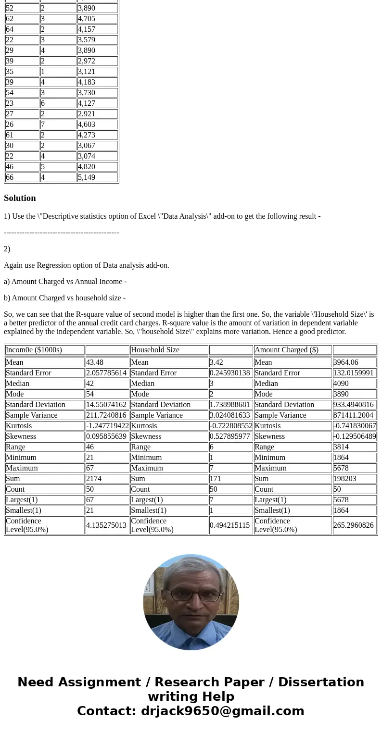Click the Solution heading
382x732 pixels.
click(20, 198)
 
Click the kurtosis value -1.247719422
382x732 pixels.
click(107, 426)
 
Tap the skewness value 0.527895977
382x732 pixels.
click(230, 436)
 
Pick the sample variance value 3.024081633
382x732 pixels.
click(230, 415)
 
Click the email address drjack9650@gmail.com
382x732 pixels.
click(222, 711)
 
